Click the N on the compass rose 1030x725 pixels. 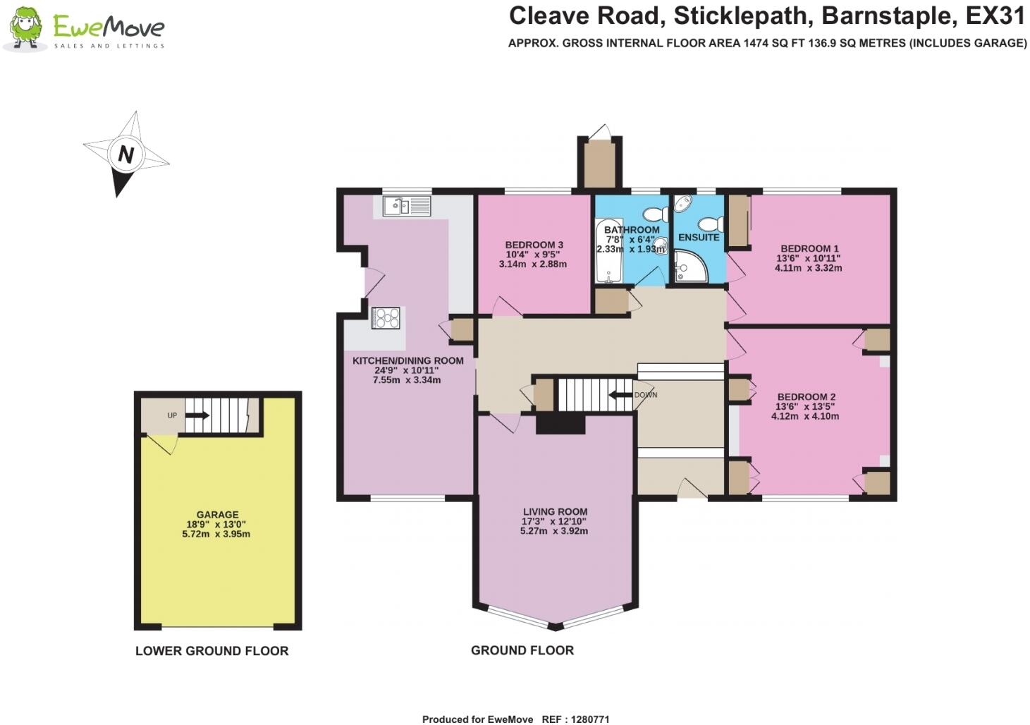click(126, 154)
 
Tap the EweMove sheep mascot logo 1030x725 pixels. click(26, 28)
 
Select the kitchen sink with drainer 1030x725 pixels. click(407, 206)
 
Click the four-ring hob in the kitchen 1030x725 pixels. click(386, 318)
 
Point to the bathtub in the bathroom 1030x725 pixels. click(609, 251)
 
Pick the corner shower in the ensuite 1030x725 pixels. click(690, 266)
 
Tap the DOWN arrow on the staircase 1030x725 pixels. click(620, 395)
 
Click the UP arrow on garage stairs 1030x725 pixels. click(197, 415)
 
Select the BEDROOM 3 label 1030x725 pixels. click(534, 245)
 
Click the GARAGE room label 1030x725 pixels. click(218, 514)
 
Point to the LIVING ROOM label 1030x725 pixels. click(555, 511)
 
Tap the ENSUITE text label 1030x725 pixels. click(699, 238)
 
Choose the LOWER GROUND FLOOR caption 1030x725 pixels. click(212, 651)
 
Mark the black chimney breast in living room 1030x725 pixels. click(560, 424)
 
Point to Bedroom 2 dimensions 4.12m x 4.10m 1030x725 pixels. click(805, 416)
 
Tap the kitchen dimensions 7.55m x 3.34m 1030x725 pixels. click(407, 380)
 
